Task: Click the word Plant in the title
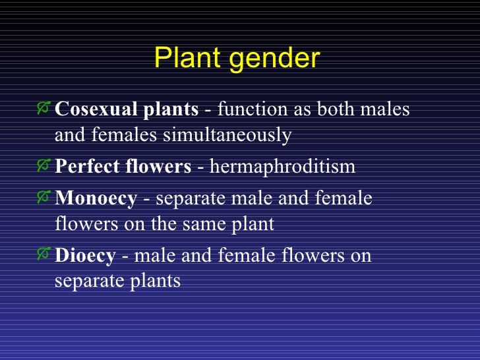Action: (x=184, y=59)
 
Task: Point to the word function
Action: (x=249, y=109)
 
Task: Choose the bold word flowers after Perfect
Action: (x=156, y=165)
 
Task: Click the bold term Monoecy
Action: (x=96, y=198)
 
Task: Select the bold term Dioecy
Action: (x=85, y=256)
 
